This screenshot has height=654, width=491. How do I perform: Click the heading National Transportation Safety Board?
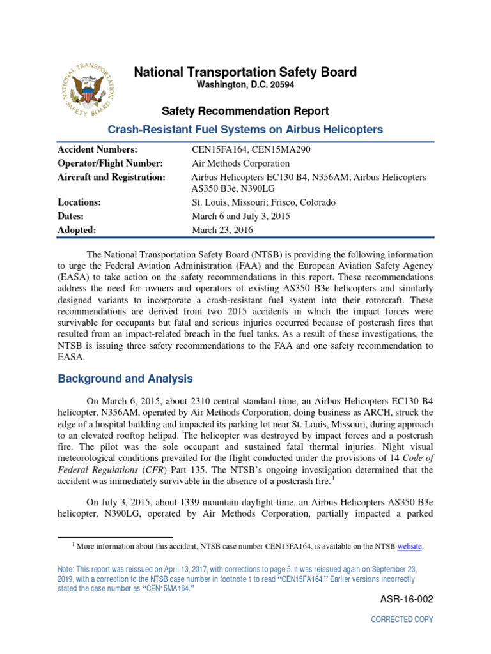[245, 73]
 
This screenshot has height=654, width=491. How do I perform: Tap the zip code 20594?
[281, 85]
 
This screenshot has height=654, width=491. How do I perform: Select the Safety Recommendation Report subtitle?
[245, 111]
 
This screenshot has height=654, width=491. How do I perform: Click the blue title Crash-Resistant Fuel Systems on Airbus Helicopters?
[245, 130]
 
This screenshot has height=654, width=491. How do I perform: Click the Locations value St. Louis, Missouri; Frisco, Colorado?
[263, 202]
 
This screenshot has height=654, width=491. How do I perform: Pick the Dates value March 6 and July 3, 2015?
[241, 217]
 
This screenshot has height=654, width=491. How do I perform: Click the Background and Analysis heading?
[125, 379]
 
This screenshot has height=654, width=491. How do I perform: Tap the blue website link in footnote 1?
[410, 546]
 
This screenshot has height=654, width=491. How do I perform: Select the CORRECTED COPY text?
[402, 620]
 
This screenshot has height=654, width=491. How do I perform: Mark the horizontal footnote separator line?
[115, 536]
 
